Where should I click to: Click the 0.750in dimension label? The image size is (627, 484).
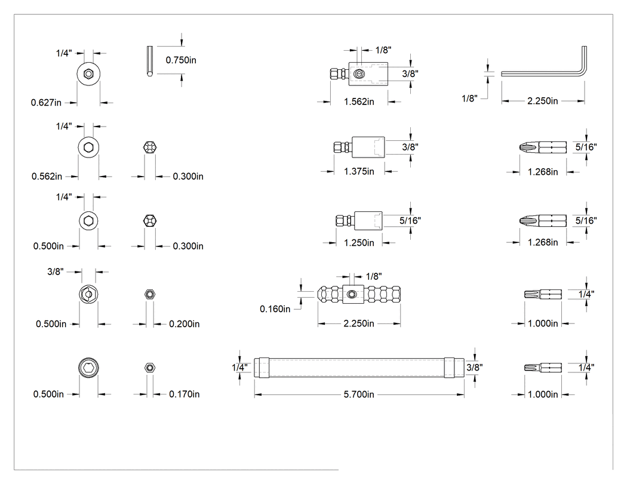pos(181,60)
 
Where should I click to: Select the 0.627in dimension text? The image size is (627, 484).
pos(47,103)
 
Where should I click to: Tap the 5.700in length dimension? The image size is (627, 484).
pos(359,394)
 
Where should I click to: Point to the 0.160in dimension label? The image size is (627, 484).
pos(275,309)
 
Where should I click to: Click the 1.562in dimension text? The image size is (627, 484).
pos(359,102)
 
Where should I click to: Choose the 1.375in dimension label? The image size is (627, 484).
pos(359,171)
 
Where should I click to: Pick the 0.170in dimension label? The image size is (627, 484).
pos(185,394)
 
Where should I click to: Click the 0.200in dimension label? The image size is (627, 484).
pos(185,323)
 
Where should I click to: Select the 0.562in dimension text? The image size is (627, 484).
pos(47,176)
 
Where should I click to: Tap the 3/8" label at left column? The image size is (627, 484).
pos(55,272)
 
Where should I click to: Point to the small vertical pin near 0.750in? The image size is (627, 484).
pos(149,61)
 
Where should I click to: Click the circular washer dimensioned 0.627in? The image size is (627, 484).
pos(88,74)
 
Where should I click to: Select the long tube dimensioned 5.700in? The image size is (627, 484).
pos(359,368)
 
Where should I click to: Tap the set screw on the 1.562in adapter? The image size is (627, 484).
pos(359,74)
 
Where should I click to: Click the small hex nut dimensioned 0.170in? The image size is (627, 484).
pos(150,368)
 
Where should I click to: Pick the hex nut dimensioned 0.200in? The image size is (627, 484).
pos(150,295)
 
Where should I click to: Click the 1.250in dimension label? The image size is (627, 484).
pos(359,243)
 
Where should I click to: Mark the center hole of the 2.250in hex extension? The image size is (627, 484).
pos(351,295)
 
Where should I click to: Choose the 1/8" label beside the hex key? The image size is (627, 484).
pos(469,98)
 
